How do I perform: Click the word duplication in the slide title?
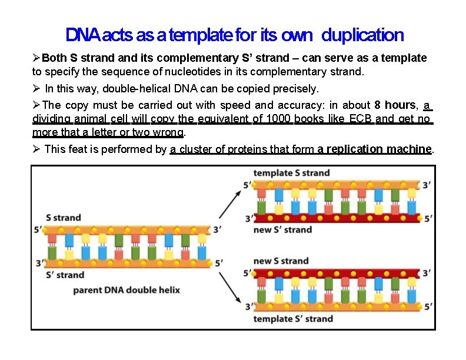click(x=362, y=35)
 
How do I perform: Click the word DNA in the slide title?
click(x=83, y=35)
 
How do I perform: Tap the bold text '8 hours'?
click(x=395, y=105)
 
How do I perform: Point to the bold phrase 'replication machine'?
click(x=375, y=149)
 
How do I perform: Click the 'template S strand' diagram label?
click(x=291, y=173)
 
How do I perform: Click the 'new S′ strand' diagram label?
click(x=282, y=229)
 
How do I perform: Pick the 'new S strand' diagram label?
click(x=281, y=261)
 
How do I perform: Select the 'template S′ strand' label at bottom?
click(x=292, y=319)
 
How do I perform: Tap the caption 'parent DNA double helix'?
click(x=126, y=290)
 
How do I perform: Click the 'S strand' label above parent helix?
click(x=64, y=218)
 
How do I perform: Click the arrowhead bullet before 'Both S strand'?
click(x=36, y=58)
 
